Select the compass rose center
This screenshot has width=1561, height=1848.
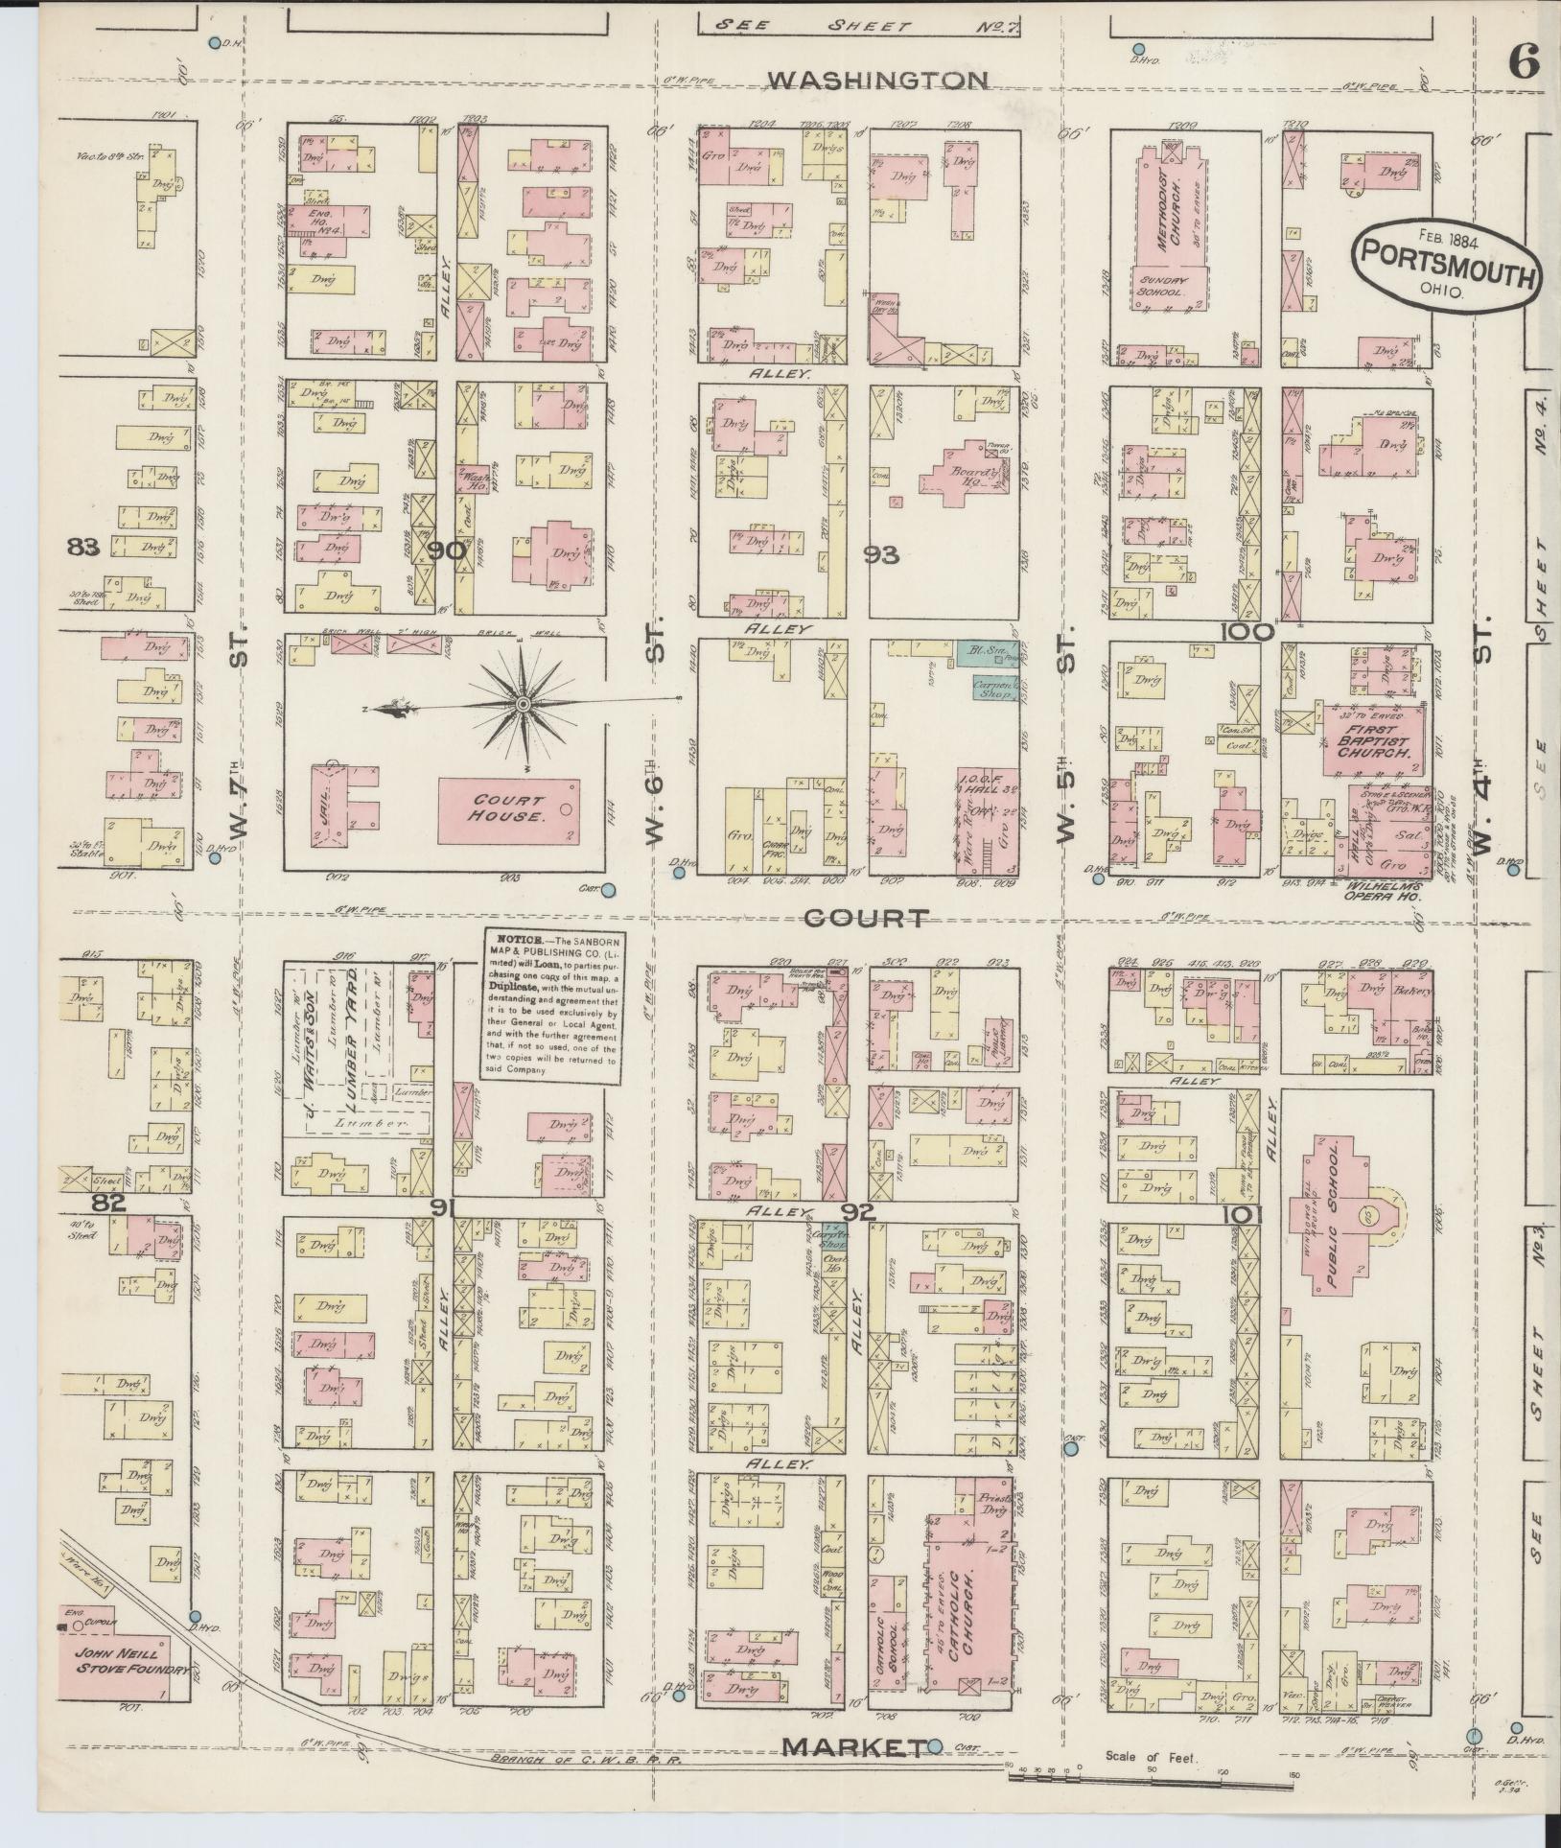(523, 705)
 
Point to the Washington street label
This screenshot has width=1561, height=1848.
(879, 81)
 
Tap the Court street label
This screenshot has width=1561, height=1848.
(866, 919)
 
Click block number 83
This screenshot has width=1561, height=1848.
(84, 548)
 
